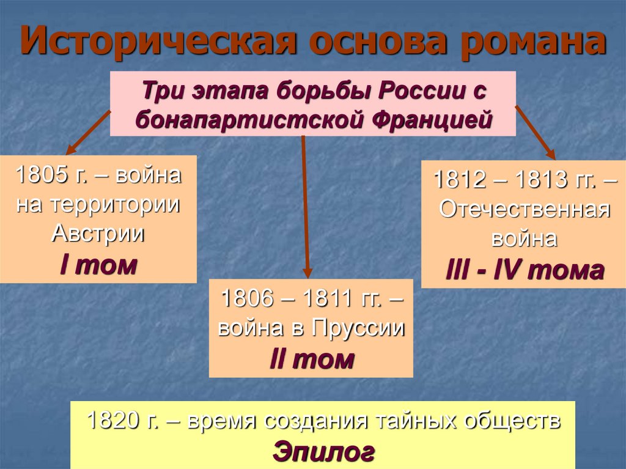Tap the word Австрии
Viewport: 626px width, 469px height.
(x=98, y=234)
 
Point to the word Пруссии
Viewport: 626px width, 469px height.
(x=358, y=328)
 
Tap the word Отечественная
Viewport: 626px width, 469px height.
(x=525, y=209)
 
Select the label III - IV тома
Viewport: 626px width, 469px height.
(x=524, y=269)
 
